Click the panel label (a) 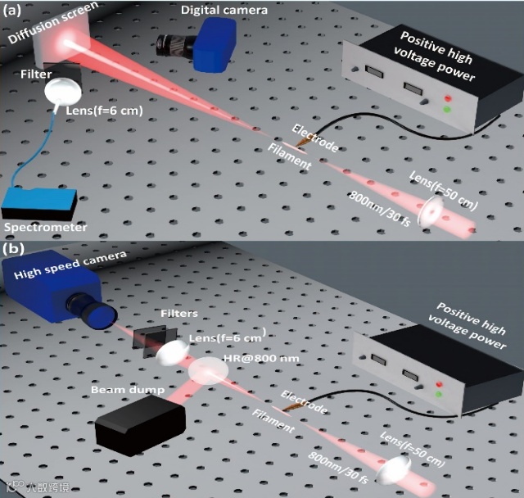[16, 12]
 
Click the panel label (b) [15, 247]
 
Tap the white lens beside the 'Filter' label [60, 90]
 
